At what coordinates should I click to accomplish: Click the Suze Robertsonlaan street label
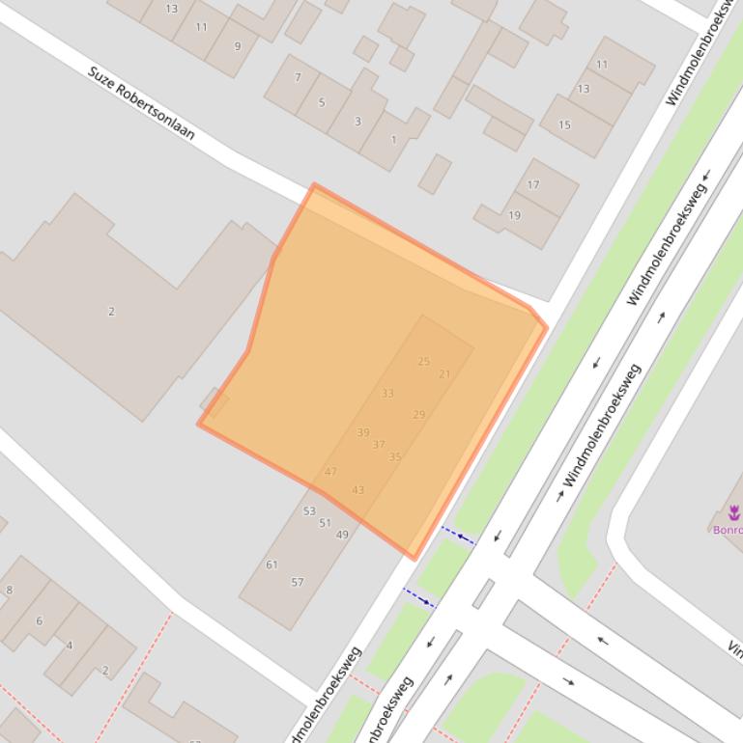pyautogui.click(x=141, y=103)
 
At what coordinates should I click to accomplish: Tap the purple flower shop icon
pyautogui.click(x=734, y=511)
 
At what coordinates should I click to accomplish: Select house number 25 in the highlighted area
pyautogui.click(x=423, y=362)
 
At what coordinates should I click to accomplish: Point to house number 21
pyautogui.click(x=444, y=374)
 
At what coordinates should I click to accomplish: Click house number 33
pyautogui.click(x=387, y=394)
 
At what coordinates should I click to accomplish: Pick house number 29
pyautogui.click(x=418, y=415)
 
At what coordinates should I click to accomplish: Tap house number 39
pyautogui.click(x=363, y=433)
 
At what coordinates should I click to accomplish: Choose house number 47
pyautogui.click(x=330, y=472)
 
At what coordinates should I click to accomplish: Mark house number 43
pyautogui.click(x=358, y=490)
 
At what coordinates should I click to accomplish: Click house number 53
pyautogui.click(x=309, y=511)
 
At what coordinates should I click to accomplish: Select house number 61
pyautogui.click(x=271, y=565)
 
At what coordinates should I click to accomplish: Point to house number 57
pyautogui.click(x=298, y=583)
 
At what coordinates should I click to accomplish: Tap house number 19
pyautogui.click(x=514, y=215)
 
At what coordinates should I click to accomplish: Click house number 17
pyautogui.click(x=533, y=185)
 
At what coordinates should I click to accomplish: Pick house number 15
pyautogui.click(x=564, y=124)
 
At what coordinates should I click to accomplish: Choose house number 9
pyautogui.click(x=238, y=46)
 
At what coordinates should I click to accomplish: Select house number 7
pyautogui.click(x=298, y=77)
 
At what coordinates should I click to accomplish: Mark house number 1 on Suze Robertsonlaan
pyautogui.click(x=393, y=140)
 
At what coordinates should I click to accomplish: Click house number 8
pyautogui.click(x=10, y=591)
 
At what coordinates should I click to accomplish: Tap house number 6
pyautogui.click(x=40, y=621)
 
